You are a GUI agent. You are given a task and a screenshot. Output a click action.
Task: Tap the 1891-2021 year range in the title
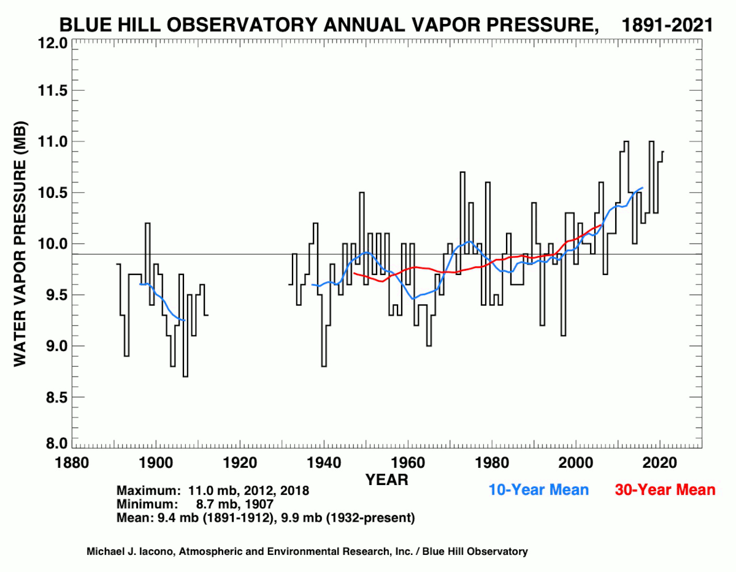click(667, 25)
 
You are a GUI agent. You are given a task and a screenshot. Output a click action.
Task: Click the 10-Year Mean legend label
click(539, 490)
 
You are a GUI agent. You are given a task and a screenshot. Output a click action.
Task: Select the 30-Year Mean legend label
click(665, 490)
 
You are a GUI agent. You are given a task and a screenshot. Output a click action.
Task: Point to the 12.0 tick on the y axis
click(49, 43)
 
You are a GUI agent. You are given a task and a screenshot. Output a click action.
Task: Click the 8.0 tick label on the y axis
click(52, 443)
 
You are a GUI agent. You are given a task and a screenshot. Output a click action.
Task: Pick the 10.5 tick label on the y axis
click(49, 193)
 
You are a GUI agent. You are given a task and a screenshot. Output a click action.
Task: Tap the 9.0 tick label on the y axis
click(52, 346)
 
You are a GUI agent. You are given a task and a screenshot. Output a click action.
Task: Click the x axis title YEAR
click(387, 480)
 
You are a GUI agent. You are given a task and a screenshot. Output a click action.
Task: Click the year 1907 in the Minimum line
click(261, 505)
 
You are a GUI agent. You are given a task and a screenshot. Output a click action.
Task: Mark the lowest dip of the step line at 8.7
click(185, 376)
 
